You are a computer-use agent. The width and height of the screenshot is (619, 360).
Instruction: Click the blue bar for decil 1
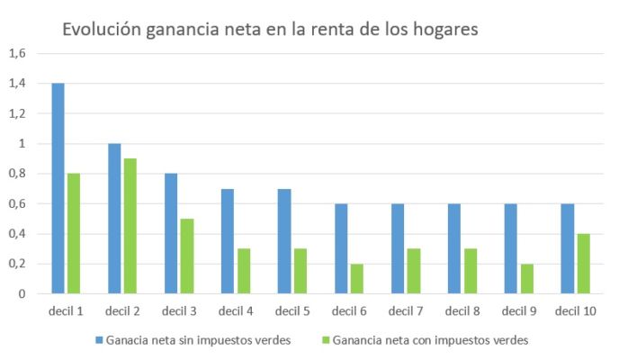[58, 188]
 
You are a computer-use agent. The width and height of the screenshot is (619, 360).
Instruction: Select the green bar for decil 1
[73, 233]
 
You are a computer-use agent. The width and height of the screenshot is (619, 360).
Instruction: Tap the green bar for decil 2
[130, 226]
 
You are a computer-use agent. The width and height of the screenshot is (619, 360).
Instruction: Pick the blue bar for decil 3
[171, 233]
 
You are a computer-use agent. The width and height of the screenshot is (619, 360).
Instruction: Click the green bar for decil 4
[243, 271]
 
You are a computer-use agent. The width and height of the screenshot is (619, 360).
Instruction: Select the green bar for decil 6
[356, 278]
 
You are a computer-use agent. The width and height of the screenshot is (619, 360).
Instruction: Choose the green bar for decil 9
[526, 278]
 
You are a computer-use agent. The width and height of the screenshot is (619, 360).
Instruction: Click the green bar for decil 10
[583, 264]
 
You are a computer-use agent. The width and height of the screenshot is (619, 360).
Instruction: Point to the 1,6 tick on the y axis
[18, 53]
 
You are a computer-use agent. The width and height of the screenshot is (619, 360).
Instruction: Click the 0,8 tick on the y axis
[18, 174]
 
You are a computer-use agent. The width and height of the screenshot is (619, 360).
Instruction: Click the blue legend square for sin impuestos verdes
[99, 341]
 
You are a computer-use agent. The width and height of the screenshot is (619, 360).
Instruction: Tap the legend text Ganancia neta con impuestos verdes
[429, 341]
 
